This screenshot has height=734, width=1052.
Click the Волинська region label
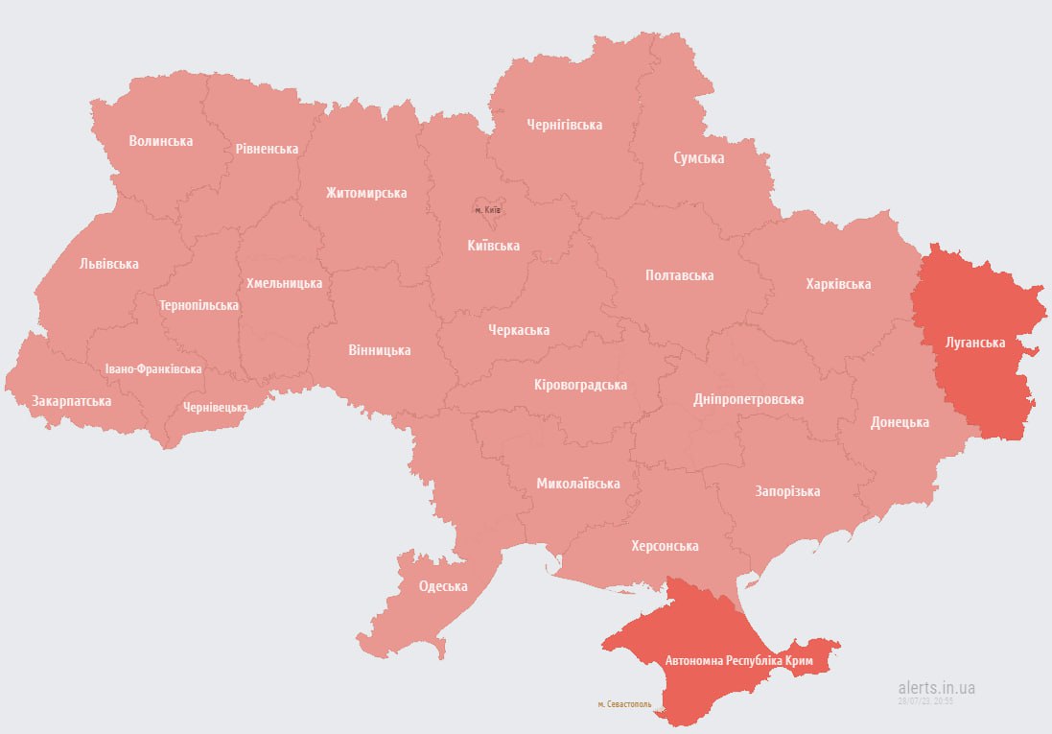coord(161,141)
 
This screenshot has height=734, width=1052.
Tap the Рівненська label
coord(267,149)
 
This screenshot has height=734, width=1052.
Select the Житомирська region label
coord(365,193)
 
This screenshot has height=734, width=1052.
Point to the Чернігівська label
coord(564,125)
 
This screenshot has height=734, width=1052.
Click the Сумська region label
coord(698,157)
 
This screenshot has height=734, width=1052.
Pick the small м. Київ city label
coord(488,209)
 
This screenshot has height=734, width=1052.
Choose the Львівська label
coord(109,263)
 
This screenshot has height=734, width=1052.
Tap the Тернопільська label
coord(199,305)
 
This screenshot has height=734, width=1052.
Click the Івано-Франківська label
coord(153,368)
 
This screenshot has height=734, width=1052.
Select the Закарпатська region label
coord(71,400)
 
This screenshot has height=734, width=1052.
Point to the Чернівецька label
coord(216,407)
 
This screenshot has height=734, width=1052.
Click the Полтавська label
coord(679,275)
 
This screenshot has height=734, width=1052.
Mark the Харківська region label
coord(838,284)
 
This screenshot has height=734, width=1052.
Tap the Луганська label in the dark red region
coord(974,342)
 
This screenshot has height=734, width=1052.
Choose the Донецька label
coord(900,422)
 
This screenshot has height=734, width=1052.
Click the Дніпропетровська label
coord(748,399)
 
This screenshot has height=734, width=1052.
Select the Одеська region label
coord(443,586)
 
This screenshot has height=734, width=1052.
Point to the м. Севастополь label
coord(624,703)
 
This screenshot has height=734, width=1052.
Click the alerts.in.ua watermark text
coord(937,688)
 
